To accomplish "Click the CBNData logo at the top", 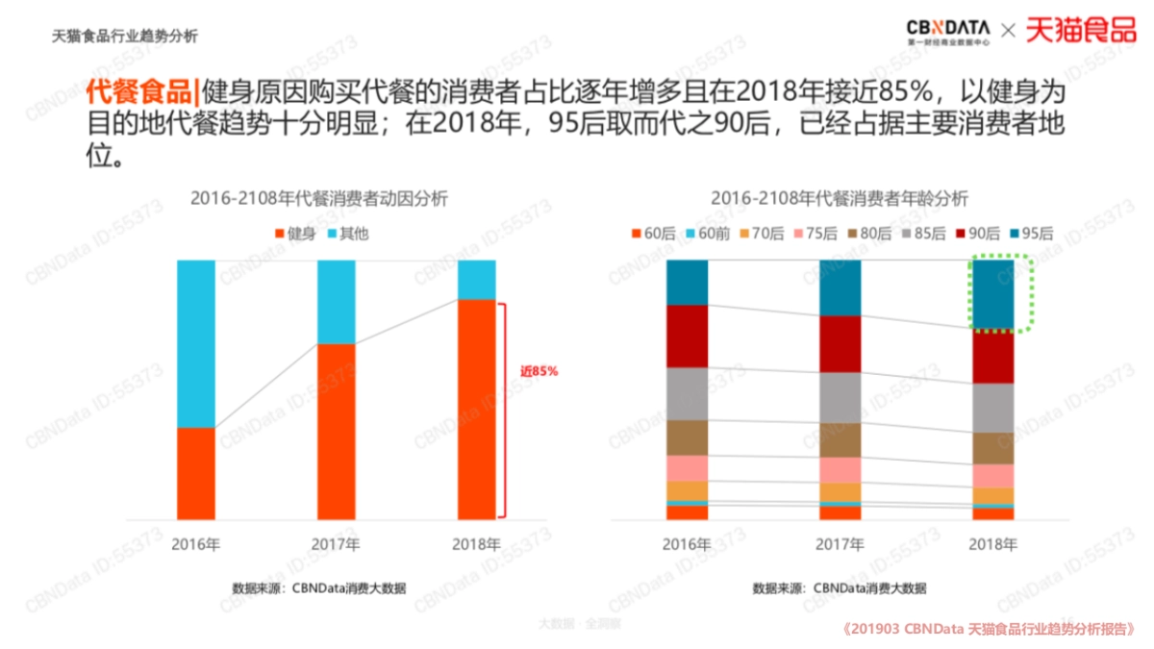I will tap(947, 31).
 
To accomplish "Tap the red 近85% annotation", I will tap(539, 371).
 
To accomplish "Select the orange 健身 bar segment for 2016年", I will tap(196, 473).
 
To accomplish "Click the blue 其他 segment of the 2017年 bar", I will tap(337, 301).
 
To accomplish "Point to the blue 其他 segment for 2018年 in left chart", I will tap(476, 280).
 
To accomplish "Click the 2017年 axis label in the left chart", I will tap(337, 544).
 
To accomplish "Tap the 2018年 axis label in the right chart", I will tap(992, 544).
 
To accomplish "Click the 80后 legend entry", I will tap(871, 233).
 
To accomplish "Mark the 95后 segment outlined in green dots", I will tap(993, 294).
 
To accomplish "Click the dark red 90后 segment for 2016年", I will tap(687, 336).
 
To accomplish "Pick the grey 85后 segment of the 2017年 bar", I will tap(840, 397).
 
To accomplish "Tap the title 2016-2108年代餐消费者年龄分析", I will tap(840, 199).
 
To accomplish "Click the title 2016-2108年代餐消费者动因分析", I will tap(319, 199).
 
